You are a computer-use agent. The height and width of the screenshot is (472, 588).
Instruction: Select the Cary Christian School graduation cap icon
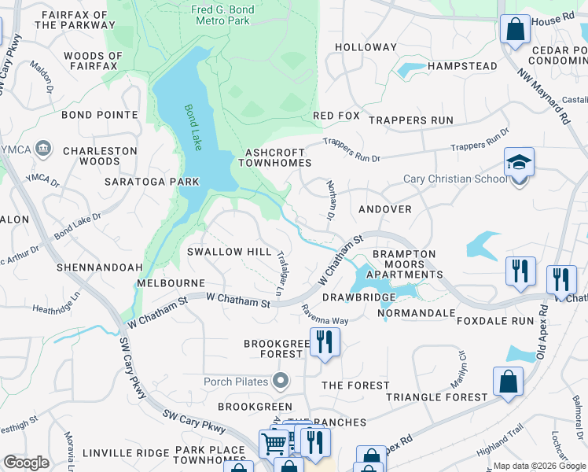[519, 162]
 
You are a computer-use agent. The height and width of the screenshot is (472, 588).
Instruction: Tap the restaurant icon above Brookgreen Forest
[323, 341]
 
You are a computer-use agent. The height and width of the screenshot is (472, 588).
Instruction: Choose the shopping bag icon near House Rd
[514, 30]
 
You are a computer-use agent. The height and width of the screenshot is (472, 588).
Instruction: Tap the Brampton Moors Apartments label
[405, 264]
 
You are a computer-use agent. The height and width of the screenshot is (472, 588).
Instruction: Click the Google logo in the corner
[26, 463]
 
